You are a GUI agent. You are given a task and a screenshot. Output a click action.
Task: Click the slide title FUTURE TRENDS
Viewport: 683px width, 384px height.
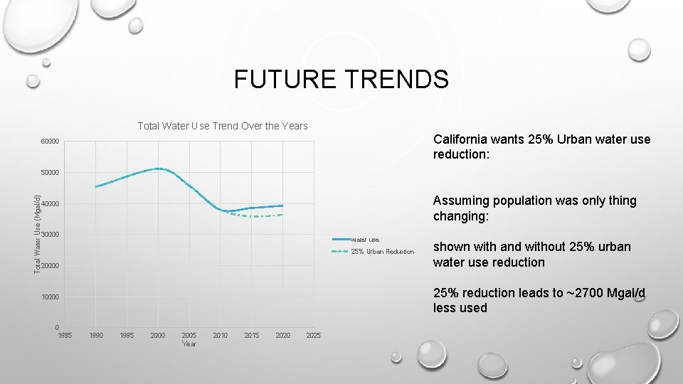[x=341, y=79]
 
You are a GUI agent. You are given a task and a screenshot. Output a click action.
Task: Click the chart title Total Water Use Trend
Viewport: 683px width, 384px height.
[x=222, y=126]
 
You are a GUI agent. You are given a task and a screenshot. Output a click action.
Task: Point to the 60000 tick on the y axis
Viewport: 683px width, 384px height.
[x=50, y=142]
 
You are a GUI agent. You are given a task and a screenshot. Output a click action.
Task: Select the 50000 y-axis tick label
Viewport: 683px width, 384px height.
[x=50, y=173]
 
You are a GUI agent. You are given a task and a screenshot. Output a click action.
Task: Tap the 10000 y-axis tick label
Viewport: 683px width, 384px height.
[x=50, y=297]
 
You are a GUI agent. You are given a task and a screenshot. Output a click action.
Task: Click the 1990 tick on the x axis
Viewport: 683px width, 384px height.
[x=95, y=335]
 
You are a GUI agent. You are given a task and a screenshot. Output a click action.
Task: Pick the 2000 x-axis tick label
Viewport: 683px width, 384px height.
[x=158, y=335]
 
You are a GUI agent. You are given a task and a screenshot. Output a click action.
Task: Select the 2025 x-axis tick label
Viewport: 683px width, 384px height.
[x=313, y=335]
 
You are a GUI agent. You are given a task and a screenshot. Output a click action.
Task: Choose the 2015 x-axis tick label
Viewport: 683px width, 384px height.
[x=251, y=335]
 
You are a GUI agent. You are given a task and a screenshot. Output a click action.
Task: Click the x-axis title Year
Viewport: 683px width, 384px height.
[x=189, y=344]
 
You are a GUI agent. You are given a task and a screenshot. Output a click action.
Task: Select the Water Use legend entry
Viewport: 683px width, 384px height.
[x=366, y=240]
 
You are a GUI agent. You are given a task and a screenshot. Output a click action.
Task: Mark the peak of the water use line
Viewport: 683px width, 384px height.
[x=159, y=169]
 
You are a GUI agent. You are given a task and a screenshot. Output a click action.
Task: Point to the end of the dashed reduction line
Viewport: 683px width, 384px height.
[x=283, y=214]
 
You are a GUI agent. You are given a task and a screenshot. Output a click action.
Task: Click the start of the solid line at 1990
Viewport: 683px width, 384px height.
[x=96, y=187]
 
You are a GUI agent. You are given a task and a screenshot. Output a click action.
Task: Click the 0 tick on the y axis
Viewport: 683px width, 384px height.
[x=56, y=328]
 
